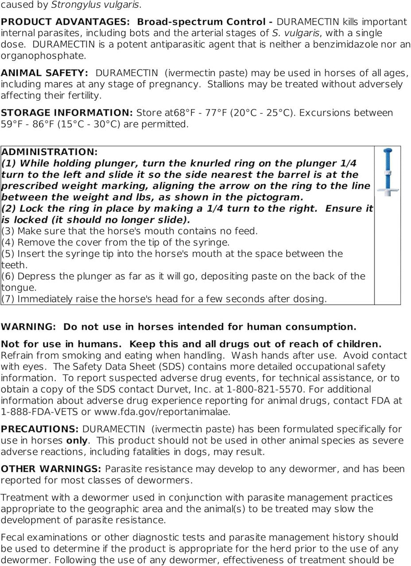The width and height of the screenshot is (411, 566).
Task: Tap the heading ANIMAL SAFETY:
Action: tap(45, 73)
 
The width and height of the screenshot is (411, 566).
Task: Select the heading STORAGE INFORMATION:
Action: tap(67, 113)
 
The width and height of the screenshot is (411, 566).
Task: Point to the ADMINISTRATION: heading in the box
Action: tap(50, 152)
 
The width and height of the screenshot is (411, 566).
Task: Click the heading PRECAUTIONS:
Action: tap(40, 429)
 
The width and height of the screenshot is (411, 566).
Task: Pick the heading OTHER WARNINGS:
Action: tap(51, 469)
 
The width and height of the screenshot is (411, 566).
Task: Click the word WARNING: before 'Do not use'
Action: tap(29, 327)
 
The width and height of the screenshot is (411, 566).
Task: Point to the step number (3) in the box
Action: tap(8, 231)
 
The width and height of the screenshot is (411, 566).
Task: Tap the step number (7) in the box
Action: tap(8, 299)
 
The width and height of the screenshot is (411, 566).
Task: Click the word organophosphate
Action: tap(37, 56)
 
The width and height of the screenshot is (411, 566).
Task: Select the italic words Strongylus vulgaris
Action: tap(96, 5)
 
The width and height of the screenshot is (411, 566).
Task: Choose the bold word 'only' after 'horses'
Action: tap(77, 441)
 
